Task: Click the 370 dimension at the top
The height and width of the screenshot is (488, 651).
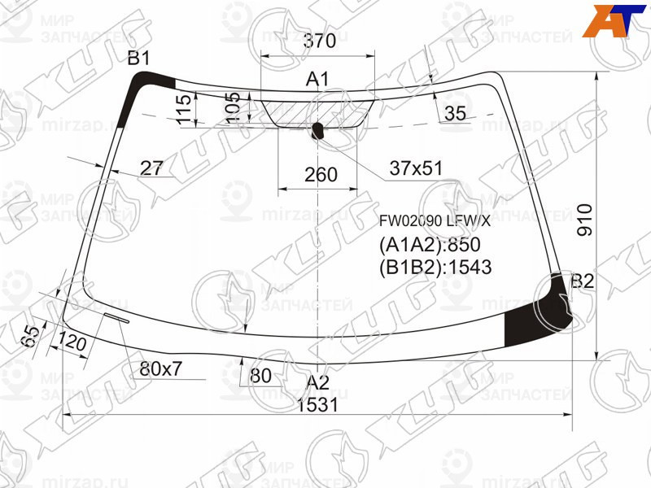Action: point(317,41)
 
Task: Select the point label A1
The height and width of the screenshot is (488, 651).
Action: point(317,79)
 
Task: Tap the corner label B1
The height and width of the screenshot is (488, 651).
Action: point(138,58)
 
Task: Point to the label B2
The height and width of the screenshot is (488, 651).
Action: point(583,281)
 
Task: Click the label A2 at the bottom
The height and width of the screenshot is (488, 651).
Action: point(317,382)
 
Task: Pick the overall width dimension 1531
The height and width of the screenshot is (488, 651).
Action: point(317,405)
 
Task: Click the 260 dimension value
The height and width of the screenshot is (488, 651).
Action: point(321,175)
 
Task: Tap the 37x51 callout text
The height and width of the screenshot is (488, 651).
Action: point(415,168)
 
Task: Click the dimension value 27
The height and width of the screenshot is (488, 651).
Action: point(151,168)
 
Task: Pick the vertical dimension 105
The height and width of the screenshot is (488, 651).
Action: point(234,108)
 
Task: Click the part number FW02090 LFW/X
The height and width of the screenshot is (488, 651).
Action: point(435,220)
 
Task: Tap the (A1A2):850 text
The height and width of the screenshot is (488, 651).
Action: point(430,245)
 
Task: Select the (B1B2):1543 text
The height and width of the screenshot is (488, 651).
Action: point(435,267)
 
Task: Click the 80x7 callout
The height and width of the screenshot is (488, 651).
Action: point(160,369)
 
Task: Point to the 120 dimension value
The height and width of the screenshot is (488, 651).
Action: point(73,345)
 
